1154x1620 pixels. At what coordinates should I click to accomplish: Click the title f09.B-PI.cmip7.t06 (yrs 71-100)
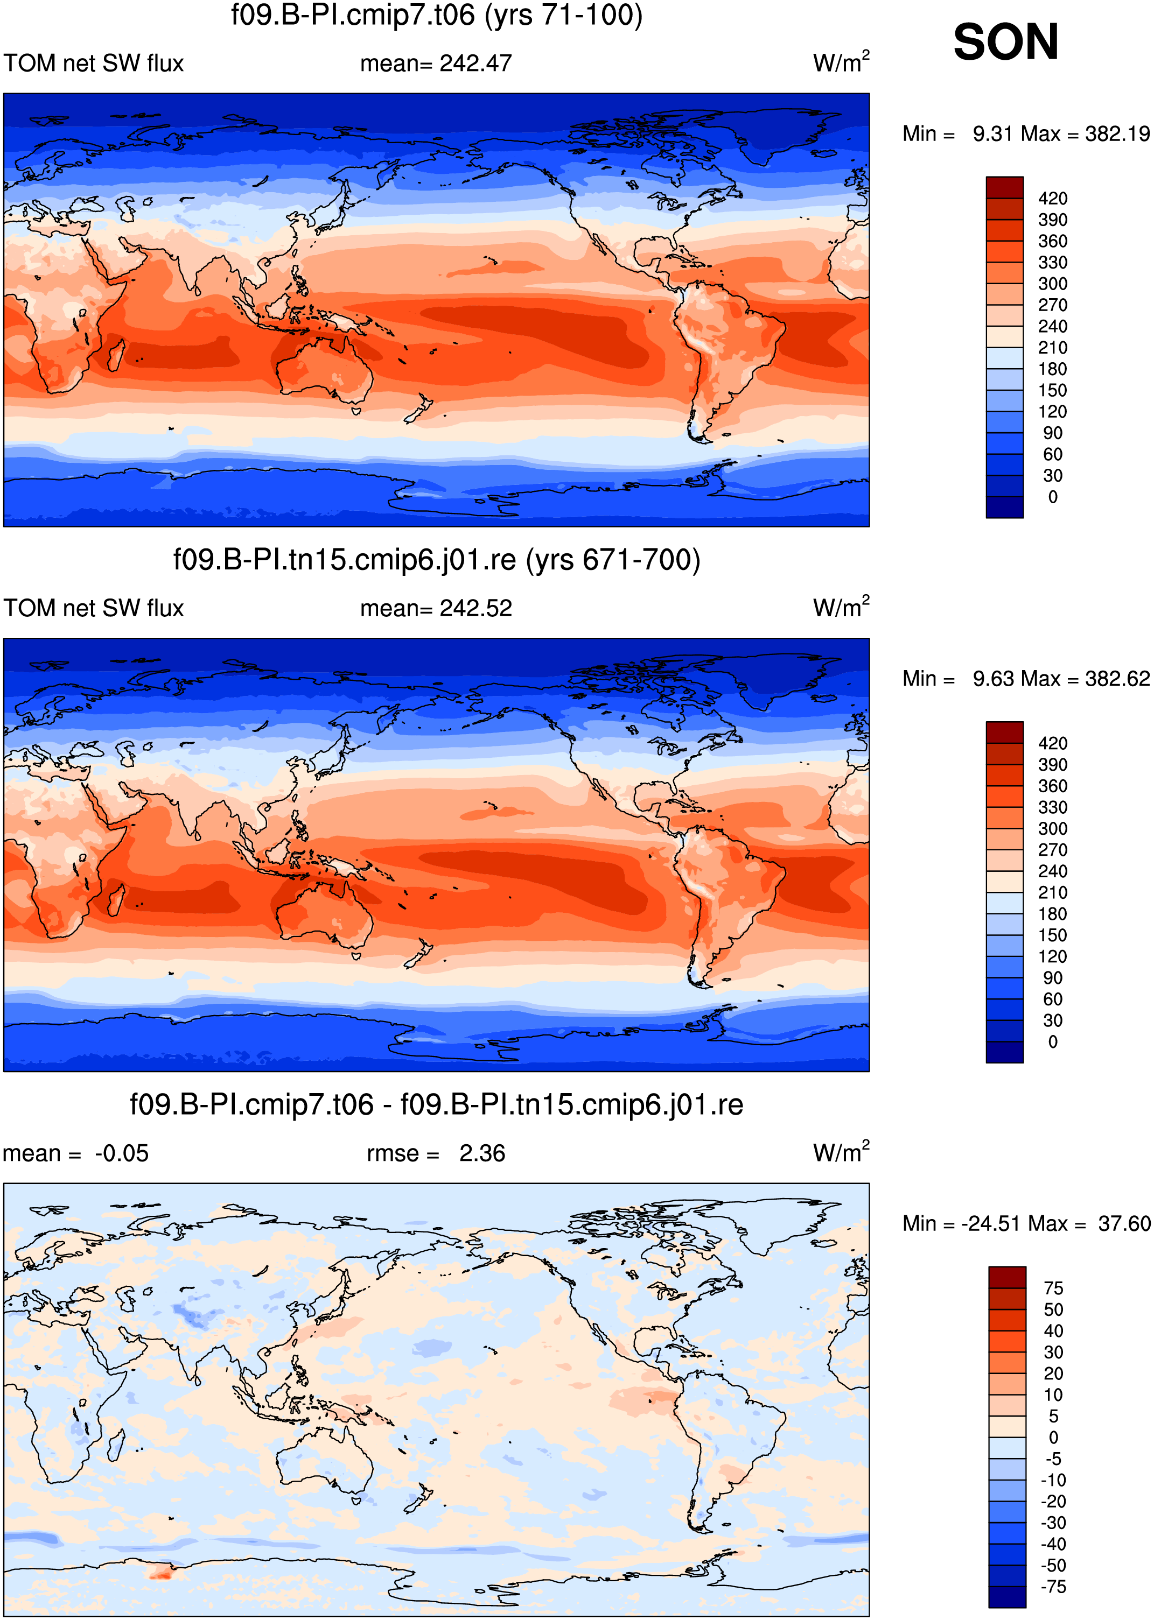(436, 15)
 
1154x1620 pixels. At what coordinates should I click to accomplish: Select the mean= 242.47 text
(436, 63)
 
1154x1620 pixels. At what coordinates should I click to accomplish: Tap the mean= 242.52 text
(436, 608)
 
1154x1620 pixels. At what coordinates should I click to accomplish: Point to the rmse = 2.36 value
(436, 1153)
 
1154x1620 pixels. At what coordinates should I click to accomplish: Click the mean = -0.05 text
(75, 1153)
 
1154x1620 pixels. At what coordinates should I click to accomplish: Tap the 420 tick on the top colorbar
(1052, 198)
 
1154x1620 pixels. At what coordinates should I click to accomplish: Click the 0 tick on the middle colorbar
(1052, 1042)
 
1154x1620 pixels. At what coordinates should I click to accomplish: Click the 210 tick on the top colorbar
(1052, 347)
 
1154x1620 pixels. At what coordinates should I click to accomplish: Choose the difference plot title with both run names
(436, 1104)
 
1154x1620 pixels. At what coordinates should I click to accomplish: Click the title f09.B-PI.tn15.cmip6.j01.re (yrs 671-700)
(436, 560)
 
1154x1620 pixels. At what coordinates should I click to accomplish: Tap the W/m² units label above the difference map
(841, 1151)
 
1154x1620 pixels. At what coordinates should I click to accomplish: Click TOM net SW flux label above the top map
(94, 63)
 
